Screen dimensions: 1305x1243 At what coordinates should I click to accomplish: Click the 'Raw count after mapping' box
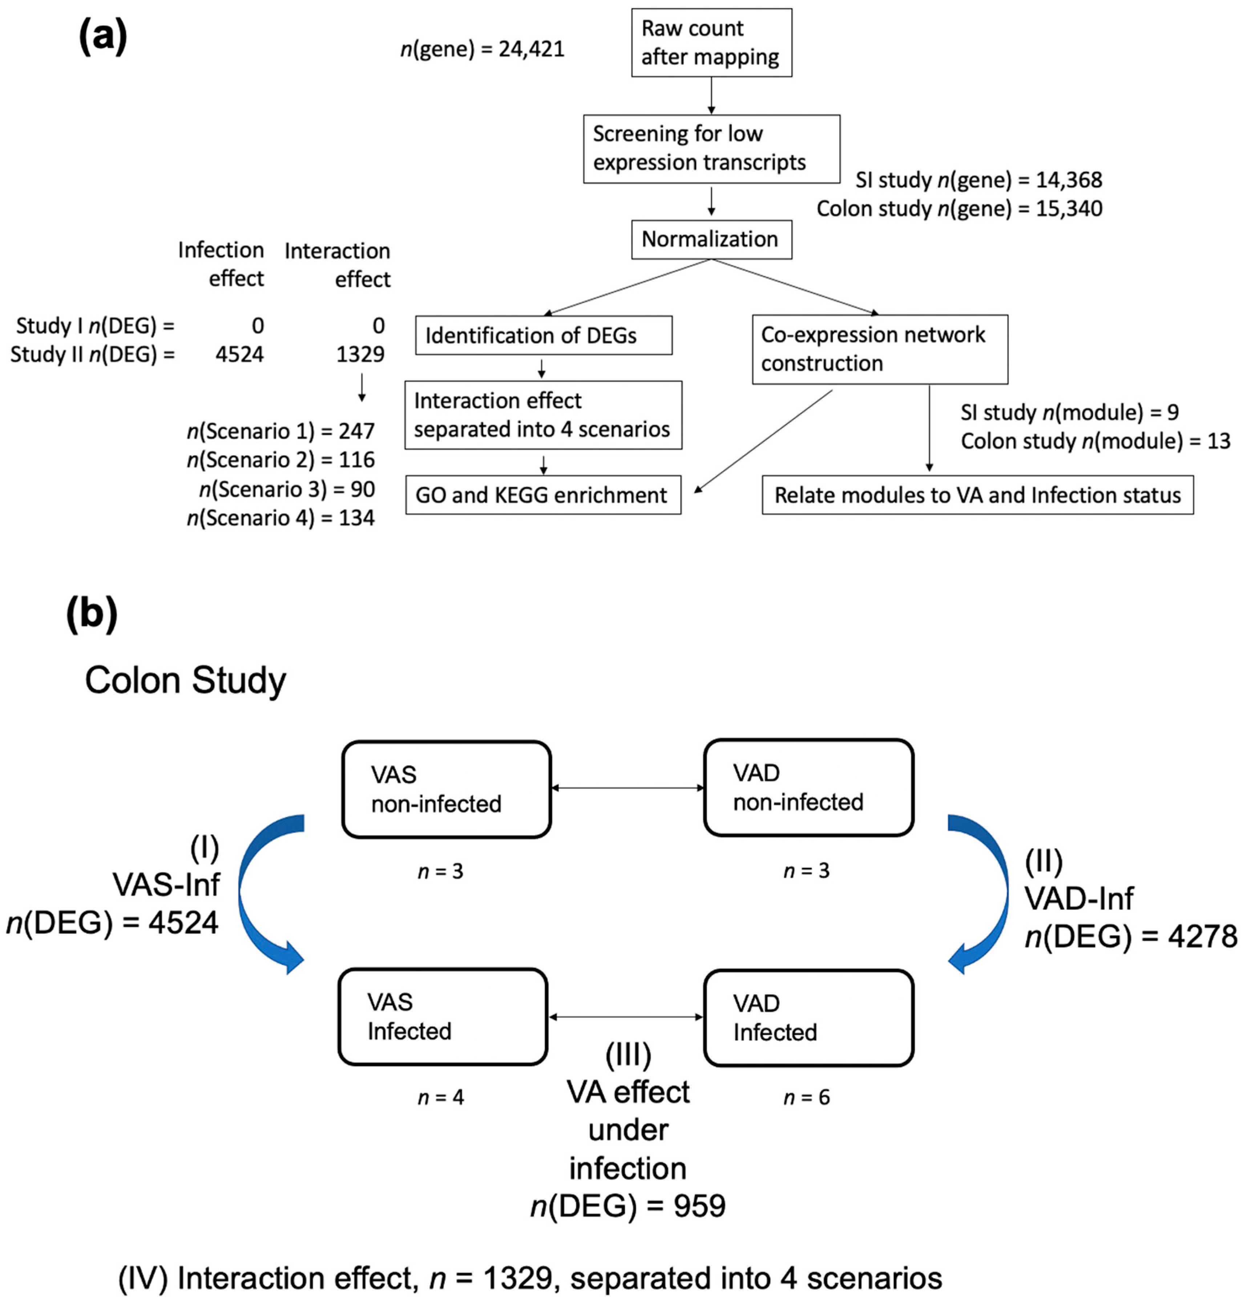pos(711,43)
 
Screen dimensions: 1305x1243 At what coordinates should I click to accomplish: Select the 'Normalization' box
pos(711,239)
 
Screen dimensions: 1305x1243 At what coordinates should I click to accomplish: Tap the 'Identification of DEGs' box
pos(543,336)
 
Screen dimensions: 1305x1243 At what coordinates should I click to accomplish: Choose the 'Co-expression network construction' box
pos(879,349)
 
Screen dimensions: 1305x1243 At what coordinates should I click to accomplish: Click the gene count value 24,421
pos(531,49)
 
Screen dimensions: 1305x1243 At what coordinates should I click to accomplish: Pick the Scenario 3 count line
pos(287,489)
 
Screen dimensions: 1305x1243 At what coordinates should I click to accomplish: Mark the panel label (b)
pos(92,614)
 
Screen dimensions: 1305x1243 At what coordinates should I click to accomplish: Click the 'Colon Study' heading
pos(186,680)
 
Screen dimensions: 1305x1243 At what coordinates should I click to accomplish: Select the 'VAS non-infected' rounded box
pos(446,789)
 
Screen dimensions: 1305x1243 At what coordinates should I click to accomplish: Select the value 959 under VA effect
pos(700,1206)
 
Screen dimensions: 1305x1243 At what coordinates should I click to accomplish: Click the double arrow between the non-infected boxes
pos(627,788)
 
